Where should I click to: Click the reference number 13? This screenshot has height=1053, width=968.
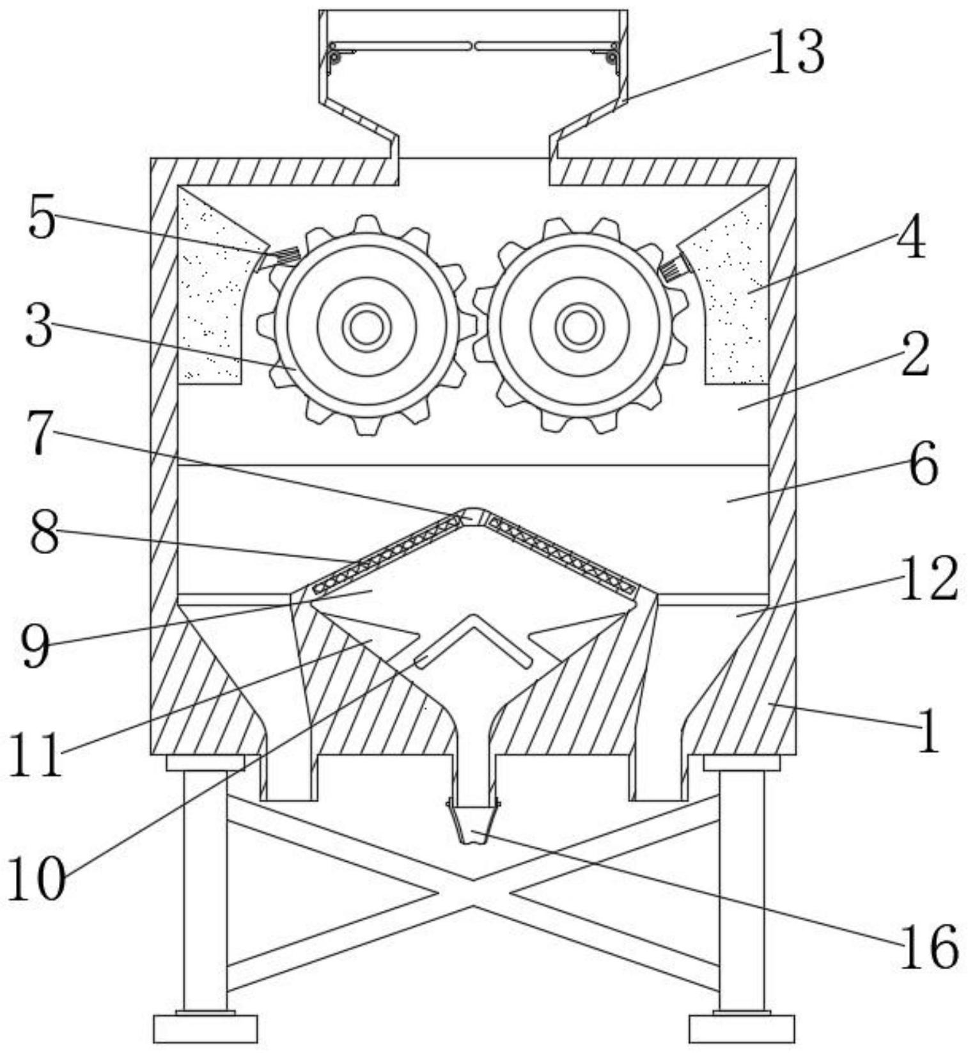[795, 53]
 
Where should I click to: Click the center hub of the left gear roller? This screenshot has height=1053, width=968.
[366, 327]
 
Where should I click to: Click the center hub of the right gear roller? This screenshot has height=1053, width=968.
[579, 327]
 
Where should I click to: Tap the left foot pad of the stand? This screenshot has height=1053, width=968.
[205, 1028]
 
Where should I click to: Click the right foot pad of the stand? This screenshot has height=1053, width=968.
[742, 1028]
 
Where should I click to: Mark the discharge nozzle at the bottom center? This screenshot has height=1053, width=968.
[474, 824]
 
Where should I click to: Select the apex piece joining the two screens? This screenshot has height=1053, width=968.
[474, 516]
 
